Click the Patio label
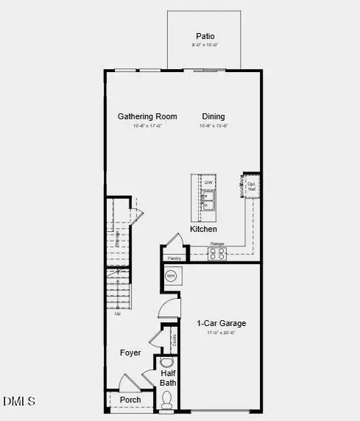click(x=205, y=36)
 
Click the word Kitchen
click(x=204, y=230)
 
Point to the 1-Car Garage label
click(x=221, y=323)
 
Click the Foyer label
click(x=130, y=353)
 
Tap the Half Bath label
click(x=169, y=378)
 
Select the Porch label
click(x=130, y=400)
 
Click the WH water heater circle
click(x=171, y=277)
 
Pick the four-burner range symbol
click(x=217, y=253)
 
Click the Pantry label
click(x=174, y=258)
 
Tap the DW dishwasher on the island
click(x=208, y=183)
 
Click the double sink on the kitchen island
click(x=208, y=200)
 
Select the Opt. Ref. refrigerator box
click(x=252, y=186)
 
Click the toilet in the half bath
click(x=167, y=400)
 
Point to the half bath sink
click(x=166, y=363)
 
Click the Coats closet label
click(x=174, y=340)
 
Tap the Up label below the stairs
click(x=117, y=314)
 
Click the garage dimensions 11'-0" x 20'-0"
click(x=221, y=333)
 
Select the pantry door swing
click(x=174, y=241)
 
